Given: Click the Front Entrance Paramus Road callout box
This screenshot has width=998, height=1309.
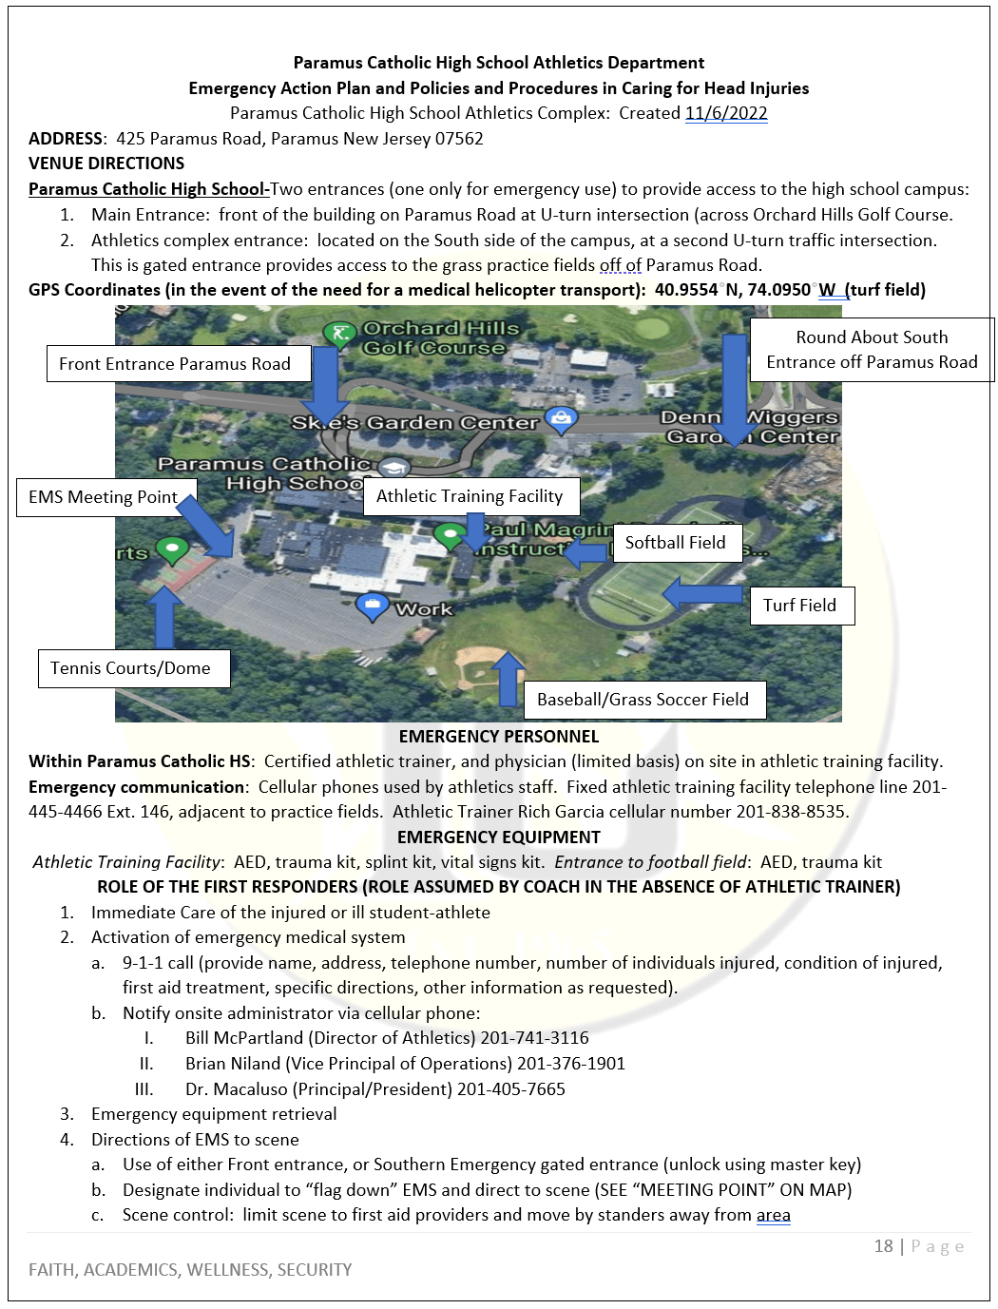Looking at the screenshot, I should tap(179, 364).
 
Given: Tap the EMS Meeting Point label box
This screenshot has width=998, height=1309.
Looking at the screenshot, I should tap(106, 497).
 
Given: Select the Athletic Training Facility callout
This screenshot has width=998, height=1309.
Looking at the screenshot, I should tap(471, 496).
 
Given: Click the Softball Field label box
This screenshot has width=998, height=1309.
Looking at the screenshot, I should tap(677, 543).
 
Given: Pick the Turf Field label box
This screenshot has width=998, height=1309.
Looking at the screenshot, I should tap(801, 606).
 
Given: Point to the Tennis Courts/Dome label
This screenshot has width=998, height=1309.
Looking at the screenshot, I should tap(133, 668).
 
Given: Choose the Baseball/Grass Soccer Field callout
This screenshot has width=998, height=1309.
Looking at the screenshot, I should tap(644, 700).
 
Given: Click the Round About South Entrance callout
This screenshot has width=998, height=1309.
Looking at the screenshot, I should tap(871, 350).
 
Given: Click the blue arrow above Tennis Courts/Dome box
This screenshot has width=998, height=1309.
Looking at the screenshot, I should tap(164, 617).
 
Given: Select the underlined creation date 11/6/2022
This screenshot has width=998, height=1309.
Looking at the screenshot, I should tap(726, 113).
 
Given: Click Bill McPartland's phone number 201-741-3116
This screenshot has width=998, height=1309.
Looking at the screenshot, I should tap(534, 1038).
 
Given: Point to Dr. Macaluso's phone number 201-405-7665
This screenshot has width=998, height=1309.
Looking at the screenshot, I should tap(511, 1089).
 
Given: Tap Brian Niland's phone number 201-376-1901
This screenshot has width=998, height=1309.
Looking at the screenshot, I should tap(571, 1064).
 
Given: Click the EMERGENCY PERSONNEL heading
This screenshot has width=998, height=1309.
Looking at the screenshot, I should tap(499, 737).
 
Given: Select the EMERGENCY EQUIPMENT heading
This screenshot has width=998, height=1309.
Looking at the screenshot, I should tap(499, 837).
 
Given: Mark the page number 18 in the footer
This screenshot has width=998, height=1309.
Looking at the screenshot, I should tap(883, 1246).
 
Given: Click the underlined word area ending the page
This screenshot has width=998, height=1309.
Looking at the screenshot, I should tap(773, 1215).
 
